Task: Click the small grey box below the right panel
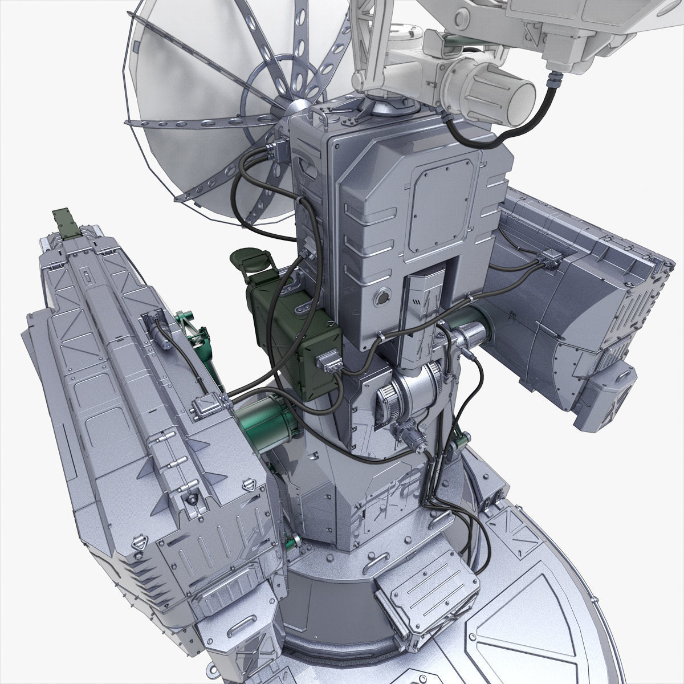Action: click(x=604, y=399)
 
